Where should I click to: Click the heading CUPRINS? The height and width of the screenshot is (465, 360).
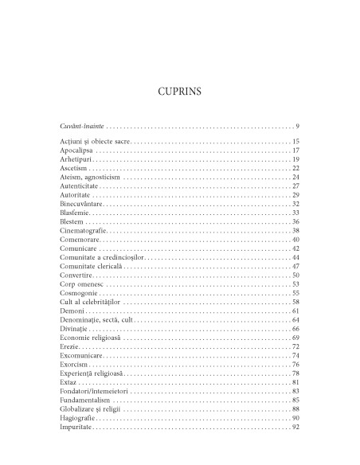pos(179,92)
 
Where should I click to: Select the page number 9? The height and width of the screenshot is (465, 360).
pos(296,127)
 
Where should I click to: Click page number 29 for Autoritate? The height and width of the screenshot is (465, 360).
pos(295,195)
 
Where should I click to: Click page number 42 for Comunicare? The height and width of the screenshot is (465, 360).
pos(295,248)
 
